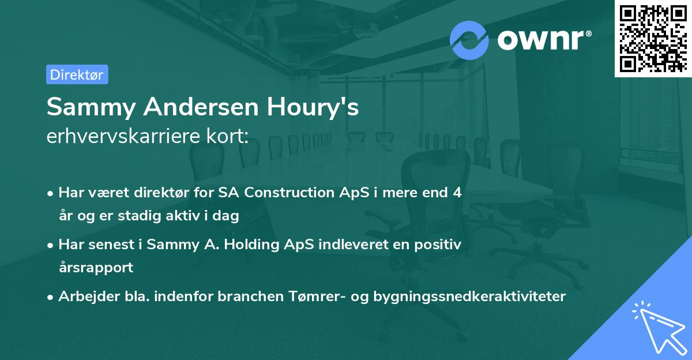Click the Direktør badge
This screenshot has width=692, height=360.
(77, 74)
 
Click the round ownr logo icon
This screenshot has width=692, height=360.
(469, 40)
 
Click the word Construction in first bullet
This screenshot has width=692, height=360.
(285, 193)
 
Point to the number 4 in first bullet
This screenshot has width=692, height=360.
(457, 193)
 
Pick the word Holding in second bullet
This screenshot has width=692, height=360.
(252, 245)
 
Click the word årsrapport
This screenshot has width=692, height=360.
(96, 267)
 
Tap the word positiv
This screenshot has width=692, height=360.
(441, 245)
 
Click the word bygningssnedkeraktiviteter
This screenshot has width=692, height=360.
(469, 297)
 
